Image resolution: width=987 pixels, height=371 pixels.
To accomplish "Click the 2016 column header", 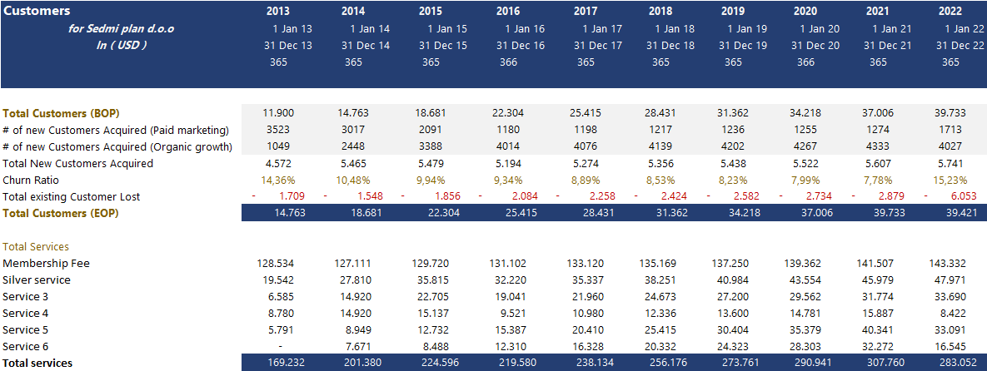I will pos(508,12).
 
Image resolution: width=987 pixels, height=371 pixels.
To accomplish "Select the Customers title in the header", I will pos(37,12).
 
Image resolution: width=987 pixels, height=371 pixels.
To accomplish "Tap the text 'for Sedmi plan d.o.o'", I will pos(121,28).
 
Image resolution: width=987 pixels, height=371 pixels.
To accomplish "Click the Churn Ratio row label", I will pos(31,180).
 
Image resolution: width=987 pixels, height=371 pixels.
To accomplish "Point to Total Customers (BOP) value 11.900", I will pos(278,113).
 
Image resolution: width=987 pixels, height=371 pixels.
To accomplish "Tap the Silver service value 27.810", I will pos(353,279).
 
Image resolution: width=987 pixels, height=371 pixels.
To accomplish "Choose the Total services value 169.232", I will pos(278,363).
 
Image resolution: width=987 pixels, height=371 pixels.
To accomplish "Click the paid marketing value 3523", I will pos(278,130).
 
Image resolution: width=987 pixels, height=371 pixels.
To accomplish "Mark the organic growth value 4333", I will pos(878,146).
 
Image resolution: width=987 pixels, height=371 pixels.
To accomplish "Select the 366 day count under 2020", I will pos(805,62).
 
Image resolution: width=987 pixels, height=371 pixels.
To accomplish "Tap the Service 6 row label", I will pos(26,346).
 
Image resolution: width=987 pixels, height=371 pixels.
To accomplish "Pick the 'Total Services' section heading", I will pos(36,246).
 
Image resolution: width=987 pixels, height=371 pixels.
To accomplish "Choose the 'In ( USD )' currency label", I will pos(121,45).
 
